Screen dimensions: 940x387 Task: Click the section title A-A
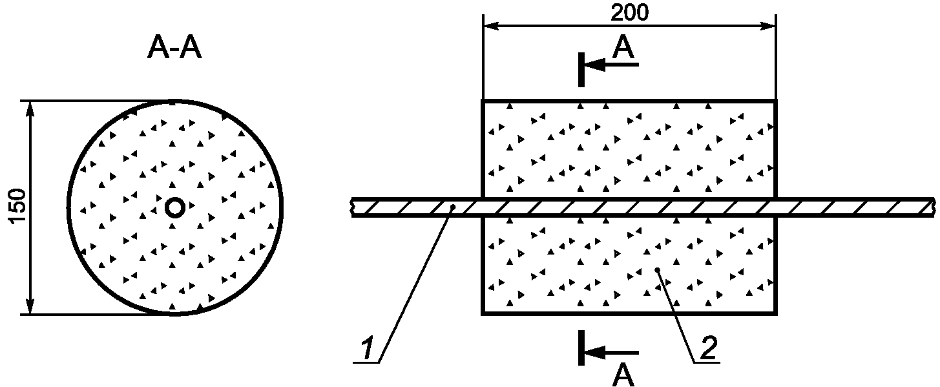[174, 49]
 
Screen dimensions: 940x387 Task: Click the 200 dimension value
[629, 13]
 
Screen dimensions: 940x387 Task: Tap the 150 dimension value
[19, 206]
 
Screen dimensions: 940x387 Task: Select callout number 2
[708, 348]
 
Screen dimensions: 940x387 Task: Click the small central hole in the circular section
[174, 207]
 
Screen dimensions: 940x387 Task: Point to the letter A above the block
[623, 48]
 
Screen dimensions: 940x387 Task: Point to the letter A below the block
[623, 375]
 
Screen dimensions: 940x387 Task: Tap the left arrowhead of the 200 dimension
[491, 26]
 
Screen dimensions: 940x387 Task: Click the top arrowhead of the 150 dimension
[30, 109]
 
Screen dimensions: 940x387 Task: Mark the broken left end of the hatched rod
[353, 207]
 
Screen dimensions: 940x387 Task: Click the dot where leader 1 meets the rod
[453, 207]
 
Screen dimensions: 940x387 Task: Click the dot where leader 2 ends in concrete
[658, 269]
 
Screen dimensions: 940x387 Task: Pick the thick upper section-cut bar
[581, 70]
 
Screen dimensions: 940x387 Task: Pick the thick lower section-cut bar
[581, 348]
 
